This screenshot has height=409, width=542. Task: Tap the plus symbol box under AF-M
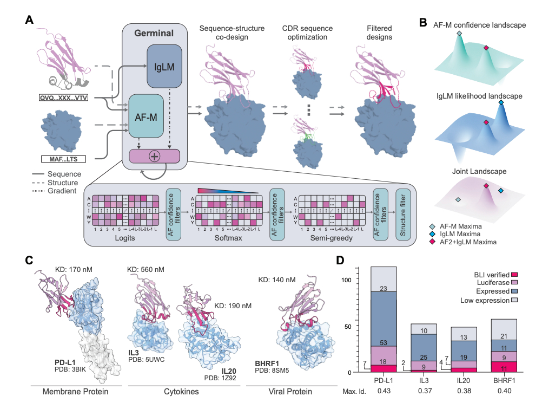(155, 156)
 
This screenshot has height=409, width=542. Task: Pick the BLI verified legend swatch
(515, 275)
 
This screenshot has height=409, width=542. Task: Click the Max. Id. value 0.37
(425, 391)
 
